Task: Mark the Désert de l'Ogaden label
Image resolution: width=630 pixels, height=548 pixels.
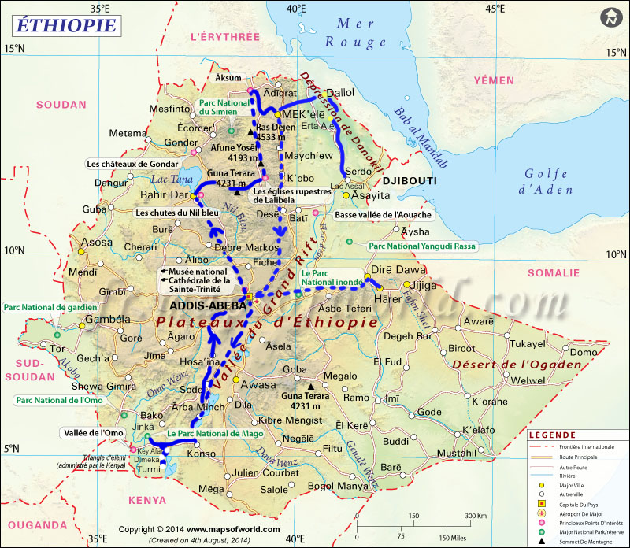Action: click(x=517, y=364)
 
